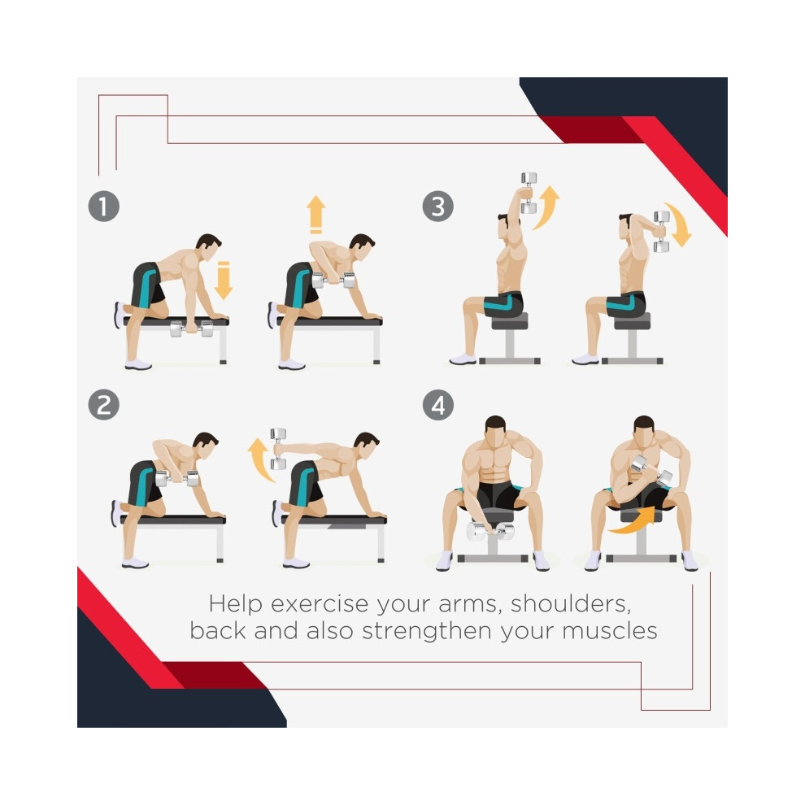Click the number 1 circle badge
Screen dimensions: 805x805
coord(104,207)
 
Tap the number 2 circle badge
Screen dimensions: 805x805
coord(104,405)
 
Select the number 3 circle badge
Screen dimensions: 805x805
coord(438,207)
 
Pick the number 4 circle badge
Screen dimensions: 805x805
coord(438,405)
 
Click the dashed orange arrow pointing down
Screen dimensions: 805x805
coord(224,281)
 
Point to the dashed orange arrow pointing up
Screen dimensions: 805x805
coord(315,215)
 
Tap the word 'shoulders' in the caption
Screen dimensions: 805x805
coord(570,603)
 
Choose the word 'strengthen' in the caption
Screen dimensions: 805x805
coord(427,631)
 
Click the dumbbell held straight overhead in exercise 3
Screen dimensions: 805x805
coord(529,193)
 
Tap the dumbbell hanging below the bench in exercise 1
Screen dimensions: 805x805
coord(191,329)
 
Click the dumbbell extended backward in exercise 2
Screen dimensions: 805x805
coord(278,449)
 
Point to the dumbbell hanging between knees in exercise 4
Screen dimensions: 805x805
coord(490,531)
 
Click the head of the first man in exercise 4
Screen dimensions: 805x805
coord(495,432)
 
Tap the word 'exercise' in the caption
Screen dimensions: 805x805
coord(320,604)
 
